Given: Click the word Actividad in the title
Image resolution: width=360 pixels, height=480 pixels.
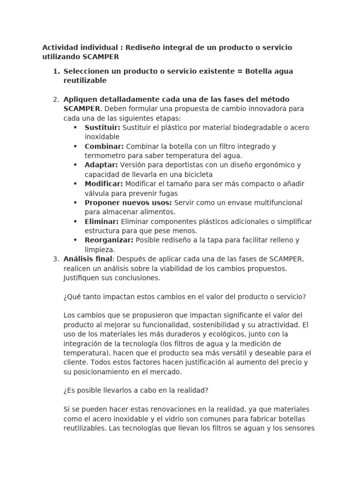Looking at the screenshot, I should (x=60, y=48).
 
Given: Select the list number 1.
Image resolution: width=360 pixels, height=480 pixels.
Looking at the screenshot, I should (x=56, y=71).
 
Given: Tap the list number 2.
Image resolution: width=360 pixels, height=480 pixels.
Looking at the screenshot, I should (x=56, y=99).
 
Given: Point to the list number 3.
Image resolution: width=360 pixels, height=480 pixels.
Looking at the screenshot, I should (x=56, y=259).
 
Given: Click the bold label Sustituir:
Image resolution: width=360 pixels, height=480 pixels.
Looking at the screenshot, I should (x=102, y=127).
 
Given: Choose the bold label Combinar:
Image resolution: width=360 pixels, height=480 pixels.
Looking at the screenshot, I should (x=104, y=146).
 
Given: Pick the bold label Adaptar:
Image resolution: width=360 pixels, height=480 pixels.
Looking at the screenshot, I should (x=101, y=165).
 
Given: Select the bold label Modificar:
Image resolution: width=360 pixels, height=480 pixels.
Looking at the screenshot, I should (x=104, y=184).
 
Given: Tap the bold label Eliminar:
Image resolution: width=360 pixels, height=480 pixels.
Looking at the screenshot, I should (x=102, y=221).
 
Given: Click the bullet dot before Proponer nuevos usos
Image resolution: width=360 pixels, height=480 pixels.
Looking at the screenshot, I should (x=75, y=202).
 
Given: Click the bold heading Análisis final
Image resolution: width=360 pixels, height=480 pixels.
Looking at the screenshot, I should (x=88, y=259).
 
